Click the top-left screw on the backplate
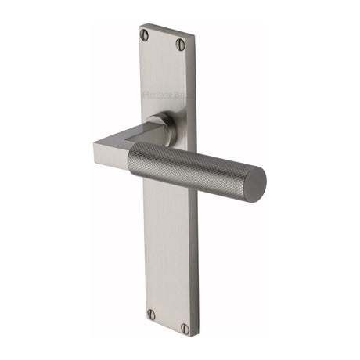point(145,34)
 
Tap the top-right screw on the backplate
point(180,45)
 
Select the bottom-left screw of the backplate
point(151,314)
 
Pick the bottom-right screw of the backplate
point(185,328)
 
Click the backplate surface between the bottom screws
point(167,321)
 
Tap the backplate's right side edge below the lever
point(196,258)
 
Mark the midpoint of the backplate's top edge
point(165,30)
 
